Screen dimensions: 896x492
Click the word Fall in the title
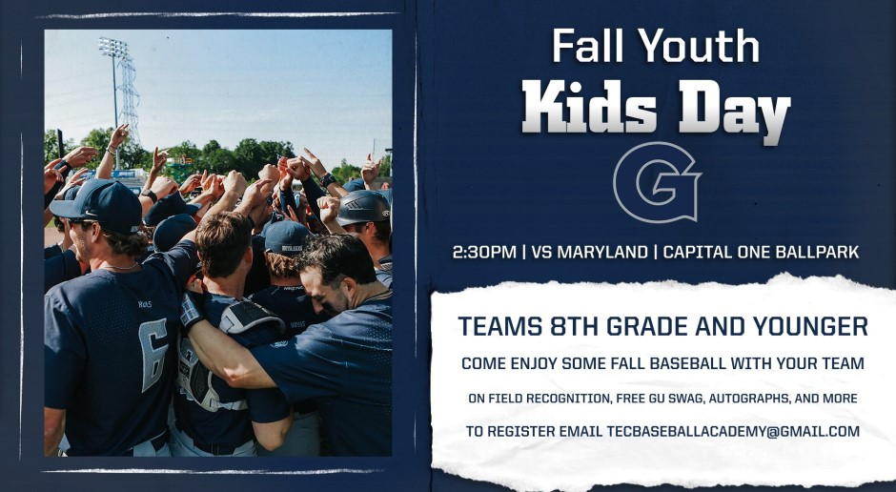click(590, 46)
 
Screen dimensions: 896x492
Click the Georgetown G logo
click(657, 183)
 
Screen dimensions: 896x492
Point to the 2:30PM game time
click(484, 252)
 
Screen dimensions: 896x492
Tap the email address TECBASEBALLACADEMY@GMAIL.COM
click(733, 431)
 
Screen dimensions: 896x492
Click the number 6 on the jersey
click(154, 355)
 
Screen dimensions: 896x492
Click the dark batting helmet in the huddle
click(363, 208)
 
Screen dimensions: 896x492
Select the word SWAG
click(688, 399)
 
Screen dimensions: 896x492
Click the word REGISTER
click(519, 431)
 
